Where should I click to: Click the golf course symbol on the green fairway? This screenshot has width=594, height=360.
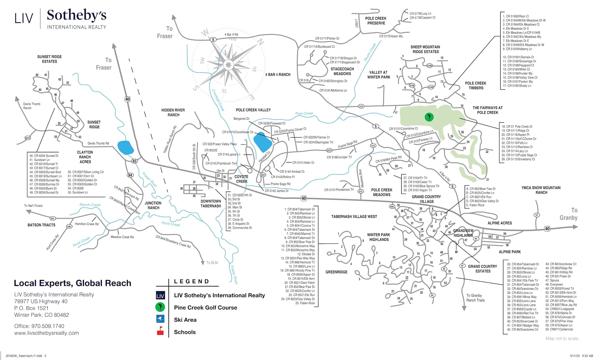click(429, 117)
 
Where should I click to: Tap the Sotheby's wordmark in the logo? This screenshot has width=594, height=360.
click(76, 15)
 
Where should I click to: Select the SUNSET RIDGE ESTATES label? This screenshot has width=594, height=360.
click(49, 59)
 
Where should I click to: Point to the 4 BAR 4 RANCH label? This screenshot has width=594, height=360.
click(278, 75)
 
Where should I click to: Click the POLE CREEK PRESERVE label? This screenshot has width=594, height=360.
click(376, 21)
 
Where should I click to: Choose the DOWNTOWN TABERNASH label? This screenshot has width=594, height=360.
click(211, 203)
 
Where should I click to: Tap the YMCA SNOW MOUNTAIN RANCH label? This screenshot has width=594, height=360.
click(541, 190)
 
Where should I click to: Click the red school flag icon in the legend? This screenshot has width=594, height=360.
click(160, 331)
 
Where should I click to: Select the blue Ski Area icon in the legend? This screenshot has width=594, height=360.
click(160, 319)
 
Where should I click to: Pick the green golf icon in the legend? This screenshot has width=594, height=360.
click(160, 307)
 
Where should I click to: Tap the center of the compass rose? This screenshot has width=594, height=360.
click(228, 65)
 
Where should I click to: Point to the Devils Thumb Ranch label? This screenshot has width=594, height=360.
click(32, 106)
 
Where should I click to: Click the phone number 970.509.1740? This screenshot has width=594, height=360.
click(48, 326)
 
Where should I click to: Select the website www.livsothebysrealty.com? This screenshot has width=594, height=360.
click(46, 333)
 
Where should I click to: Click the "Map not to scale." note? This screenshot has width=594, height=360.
click(562, 338)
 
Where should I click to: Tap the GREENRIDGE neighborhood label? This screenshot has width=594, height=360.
click(336, 272)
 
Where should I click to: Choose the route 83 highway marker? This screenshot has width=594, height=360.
click(134, 161)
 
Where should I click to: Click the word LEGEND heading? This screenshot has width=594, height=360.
click(192, 281)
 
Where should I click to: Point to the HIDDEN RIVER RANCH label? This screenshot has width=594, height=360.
click(173, 112)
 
